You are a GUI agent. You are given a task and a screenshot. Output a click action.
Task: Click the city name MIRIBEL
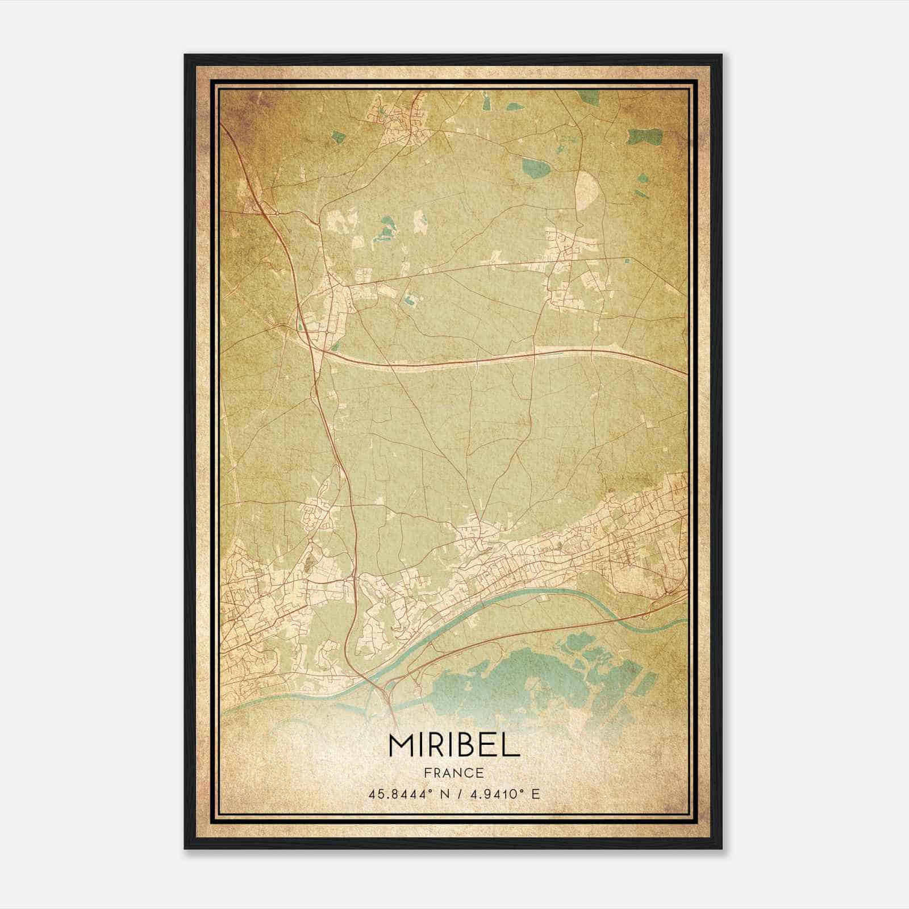pyautogui.click(x=454, y=745)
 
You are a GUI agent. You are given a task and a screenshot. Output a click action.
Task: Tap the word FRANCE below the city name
pyautogui.click(x=454, y=773)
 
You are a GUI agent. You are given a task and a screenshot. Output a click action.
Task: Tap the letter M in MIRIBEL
pyautogui.click(x=402, y=745)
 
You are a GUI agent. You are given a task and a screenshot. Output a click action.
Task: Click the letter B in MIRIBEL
pyautogui.click(x=465, y=745)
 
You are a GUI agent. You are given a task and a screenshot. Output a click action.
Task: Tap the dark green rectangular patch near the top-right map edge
pyautogui.click(x=645, y=137)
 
